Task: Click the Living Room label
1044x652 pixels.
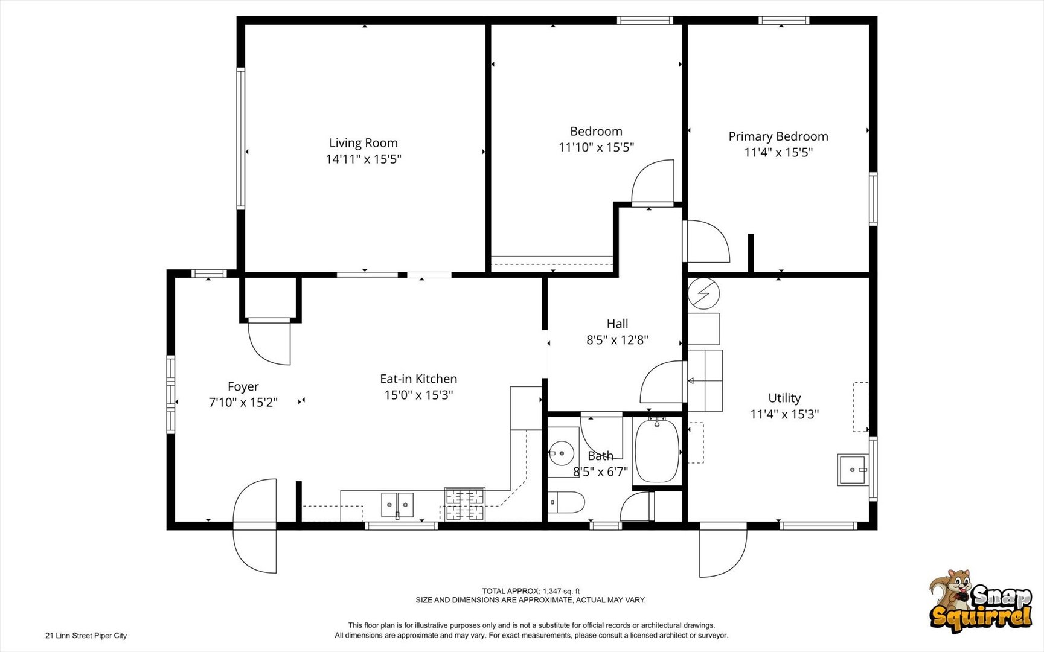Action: point(363,143)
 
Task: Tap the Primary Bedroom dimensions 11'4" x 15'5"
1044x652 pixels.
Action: point(778,152)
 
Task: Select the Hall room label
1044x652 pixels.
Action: point(617,324)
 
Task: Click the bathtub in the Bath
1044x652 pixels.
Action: point(656,450)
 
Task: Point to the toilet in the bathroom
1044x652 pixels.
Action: point(568,502)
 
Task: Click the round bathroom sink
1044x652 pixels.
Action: point(562,452)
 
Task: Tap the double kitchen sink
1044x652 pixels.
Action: point(397,505)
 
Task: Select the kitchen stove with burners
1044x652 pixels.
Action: point(465,504)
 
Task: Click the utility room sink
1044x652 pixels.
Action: point(853,470)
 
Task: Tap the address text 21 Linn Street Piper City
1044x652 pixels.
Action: point(86,636)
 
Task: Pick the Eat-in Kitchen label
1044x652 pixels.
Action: point(418,379)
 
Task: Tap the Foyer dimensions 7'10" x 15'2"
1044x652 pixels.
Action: point(243,402)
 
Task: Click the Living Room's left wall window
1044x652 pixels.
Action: point(240,139)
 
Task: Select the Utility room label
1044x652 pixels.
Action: point(784,398)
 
